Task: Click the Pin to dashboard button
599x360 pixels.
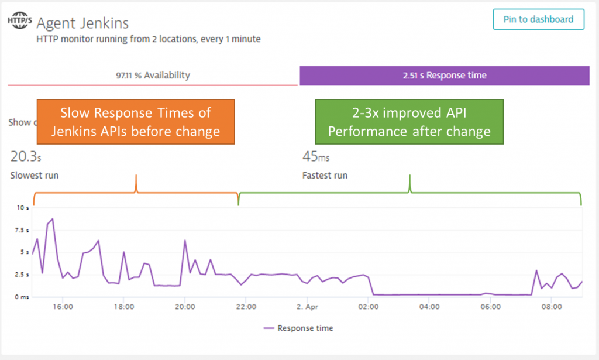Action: (538, 19)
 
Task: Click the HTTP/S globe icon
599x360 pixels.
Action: (19, 22)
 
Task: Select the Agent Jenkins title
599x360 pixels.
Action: (82, 23)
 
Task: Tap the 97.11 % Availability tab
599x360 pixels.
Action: (153, 76)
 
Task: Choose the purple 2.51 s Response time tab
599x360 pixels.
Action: (445, 76)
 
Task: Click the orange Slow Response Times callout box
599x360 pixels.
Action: (135, 122)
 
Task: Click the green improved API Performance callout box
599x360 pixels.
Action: (409, 122)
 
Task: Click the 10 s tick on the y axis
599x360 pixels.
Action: (22, 208)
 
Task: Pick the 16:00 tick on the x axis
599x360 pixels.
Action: (63, 307)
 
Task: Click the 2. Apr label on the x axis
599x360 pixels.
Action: (307, 307)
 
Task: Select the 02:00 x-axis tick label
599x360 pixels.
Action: (369, 307)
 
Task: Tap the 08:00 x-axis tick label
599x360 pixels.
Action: (552, 307)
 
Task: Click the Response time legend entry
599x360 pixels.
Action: (298, 328)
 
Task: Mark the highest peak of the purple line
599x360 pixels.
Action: (53, 219)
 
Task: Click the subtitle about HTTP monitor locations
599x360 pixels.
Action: (149, 39)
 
